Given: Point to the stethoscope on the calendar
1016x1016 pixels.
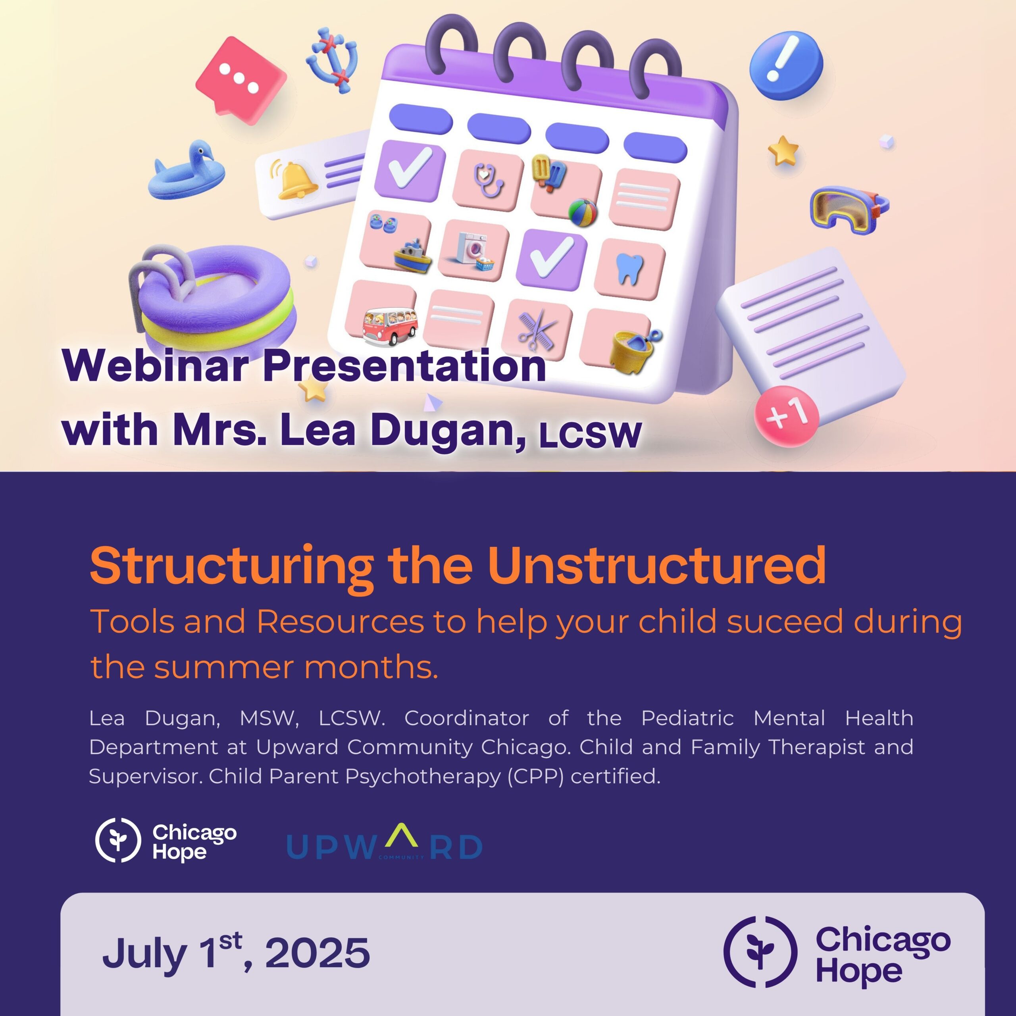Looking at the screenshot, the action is [x=488, y=179].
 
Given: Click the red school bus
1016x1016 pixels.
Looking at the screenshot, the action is [x=390, y=327].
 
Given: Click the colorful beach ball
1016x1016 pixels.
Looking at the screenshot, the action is [x=583, y=212].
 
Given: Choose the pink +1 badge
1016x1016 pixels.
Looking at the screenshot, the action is [x=787, y=416].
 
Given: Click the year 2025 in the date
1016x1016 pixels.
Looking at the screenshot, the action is [x=317, y=952].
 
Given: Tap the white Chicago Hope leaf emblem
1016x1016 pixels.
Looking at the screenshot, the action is [x=118, y=840].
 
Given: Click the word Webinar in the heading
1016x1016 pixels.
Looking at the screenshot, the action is [x=156, y=365].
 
